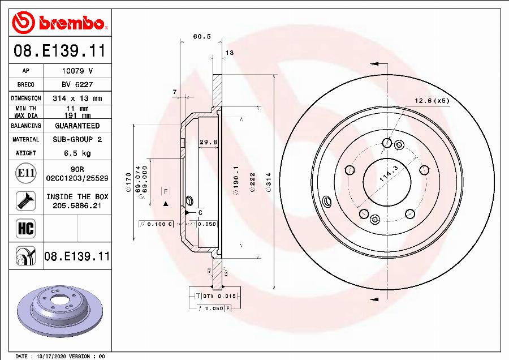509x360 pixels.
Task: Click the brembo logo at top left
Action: click(59, 23)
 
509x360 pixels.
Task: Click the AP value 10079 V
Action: click(77, 71)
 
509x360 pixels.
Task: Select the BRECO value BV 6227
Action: click(77, 84)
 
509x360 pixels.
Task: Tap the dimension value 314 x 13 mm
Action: click(77, 98)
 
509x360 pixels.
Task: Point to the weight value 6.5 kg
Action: click(77, 153)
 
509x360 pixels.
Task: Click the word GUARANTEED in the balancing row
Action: click(77, 126)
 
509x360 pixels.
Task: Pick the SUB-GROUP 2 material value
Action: click(77, 139)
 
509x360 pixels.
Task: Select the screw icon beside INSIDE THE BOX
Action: click(25, 200)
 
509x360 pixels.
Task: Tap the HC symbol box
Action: click(26, 228)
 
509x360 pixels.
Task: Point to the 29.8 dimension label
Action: click(209, 143)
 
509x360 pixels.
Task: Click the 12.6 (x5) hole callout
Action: click(432, 101)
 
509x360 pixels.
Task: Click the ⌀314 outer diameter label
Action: click(269, 183)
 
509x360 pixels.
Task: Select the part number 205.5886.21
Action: click(77, 205)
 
